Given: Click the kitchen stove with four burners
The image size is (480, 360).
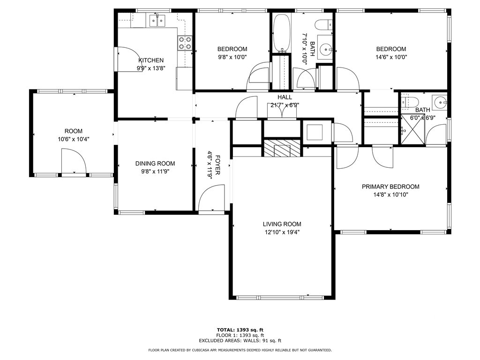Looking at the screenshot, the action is click(185, 43).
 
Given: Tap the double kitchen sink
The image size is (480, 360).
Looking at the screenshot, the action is click(157, 21).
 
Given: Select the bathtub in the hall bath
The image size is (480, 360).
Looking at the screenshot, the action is click(282, 33).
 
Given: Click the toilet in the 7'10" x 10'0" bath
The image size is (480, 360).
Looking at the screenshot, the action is click(323, 24).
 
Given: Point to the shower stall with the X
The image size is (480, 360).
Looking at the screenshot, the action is click(413, 128).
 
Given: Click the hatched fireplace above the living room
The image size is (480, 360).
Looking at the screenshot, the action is click(282, 148).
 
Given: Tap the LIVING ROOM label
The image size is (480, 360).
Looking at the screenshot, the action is click(282, 224).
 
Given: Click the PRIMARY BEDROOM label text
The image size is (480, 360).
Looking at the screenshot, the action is click(390, 187).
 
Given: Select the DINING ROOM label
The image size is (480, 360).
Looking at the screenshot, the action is click(155, 164).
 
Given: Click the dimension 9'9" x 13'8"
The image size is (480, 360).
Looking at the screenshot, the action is click(151, 68).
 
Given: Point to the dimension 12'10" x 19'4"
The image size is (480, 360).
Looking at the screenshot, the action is click(282, 232).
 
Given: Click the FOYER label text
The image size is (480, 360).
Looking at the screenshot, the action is click(217, 165).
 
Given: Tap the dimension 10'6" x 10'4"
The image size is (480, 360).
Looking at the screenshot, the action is click(74, 139).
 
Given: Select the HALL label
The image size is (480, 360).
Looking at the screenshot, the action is click(285, 97).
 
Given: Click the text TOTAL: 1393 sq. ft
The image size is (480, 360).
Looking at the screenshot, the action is click(240, 330).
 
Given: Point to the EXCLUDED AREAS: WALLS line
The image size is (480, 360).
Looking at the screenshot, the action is click(240, 340).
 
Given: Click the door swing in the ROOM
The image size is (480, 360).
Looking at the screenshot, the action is click(74, 161).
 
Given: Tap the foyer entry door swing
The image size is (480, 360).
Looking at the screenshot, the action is click(211, 197).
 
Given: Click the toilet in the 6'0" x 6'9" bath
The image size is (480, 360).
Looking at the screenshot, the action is click(410, 102).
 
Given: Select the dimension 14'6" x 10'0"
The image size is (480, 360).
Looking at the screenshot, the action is click(391, 57).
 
